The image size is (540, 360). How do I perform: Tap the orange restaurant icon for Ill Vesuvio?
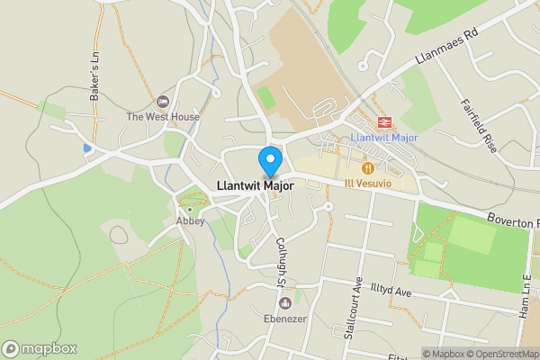[x=367, y=168]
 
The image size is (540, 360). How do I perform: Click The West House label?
[x=163, y=117]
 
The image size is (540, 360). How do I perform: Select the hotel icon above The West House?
[x=163, y=102]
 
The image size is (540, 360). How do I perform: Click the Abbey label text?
[x=191, y=220]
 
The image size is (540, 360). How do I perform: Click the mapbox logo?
[x=40, y=348]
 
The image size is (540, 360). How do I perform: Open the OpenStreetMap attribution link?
[x=500, y=354]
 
